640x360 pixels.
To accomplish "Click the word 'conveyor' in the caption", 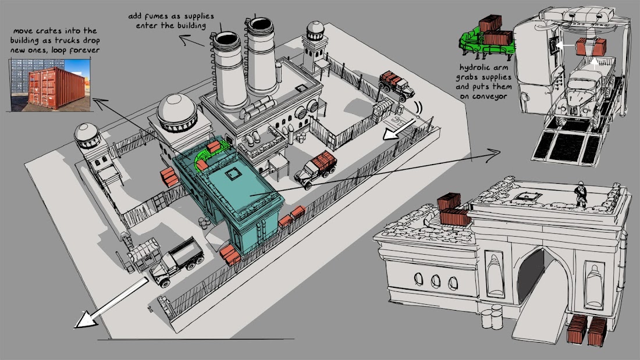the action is click(492, 97).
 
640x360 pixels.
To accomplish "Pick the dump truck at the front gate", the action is click(177, 263).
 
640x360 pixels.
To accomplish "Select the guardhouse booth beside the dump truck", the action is click(143, 254).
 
